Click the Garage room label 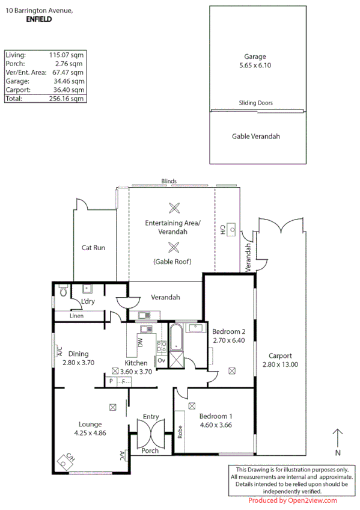255,57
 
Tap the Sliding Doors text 255,103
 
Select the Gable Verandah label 256,137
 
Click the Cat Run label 94,247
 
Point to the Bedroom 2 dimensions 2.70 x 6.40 229,340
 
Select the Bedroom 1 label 216,416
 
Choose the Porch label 150,450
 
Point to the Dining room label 78,354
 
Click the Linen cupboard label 76,315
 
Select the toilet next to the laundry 63,293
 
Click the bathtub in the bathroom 175,337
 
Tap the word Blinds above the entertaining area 168,181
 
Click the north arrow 338,439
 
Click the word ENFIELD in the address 39,19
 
